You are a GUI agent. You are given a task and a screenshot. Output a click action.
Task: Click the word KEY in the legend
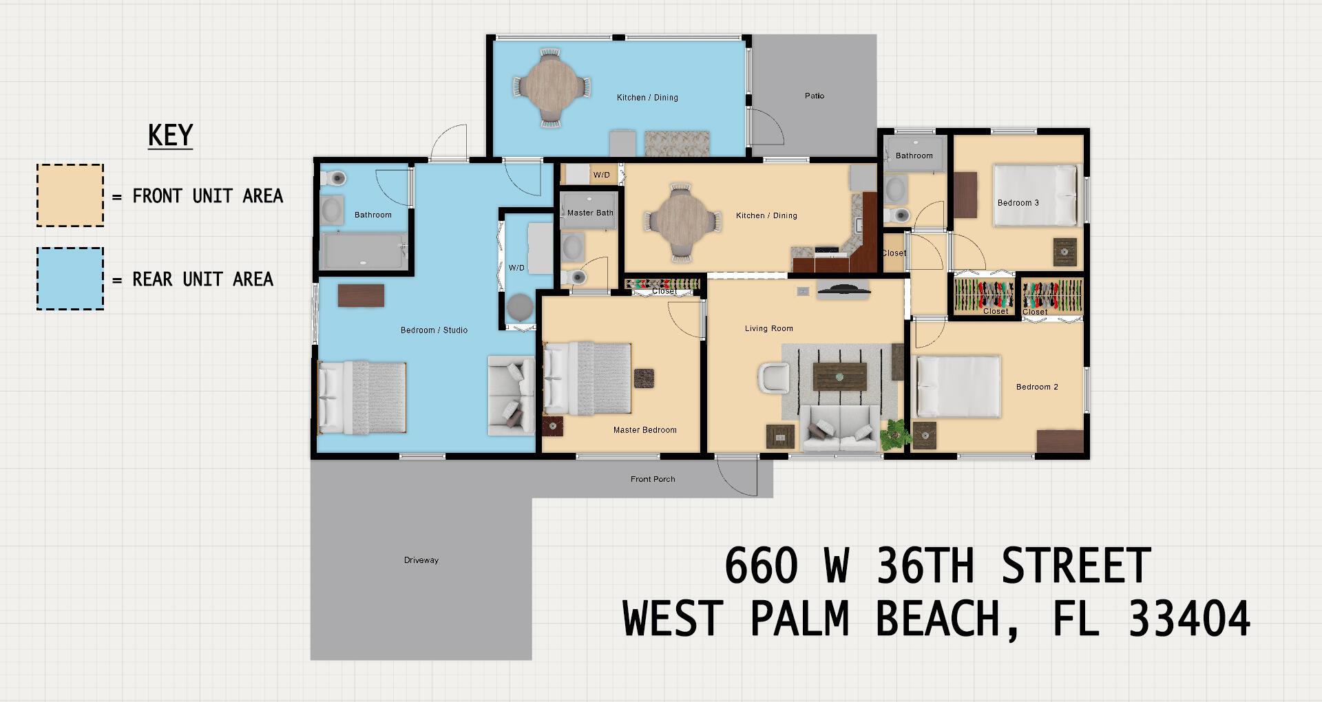tap(170, 135)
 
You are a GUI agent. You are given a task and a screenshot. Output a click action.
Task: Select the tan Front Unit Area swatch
tap(70, 195)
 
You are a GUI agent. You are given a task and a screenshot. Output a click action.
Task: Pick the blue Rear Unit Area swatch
tap(70, 279)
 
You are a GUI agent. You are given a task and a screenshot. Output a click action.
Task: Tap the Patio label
tap(815, 96)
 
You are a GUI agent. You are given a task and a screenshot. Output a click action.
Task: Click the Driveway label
tap(421, 560)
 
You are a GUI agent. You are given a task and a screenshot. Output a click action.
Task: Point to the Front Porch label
tap(653, 479)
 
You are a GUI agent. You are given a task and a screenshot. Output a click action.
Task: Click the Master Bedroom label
tap(645, 430)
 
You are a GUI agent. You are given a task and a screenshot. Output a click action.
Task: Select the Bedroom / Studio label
tap(434, 330)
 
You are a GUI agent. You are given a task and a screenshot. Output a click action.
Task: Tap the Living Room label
tap(769, 329)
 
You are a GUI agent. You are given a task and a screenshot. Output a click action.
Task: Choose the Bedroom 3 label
tap(1018, 203)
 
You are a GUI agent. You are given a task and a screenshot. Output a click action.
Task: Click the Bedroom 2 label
tap(1037, 387)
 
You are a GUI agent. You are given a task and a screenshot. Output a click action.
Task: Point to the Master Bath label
tap(590, 213)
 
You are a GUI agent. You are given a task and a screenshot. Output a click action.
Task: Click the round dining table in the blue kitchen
tap(551, 87)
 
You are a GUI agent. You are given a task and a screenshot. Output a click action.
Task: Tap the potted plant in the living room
tap(895, 432)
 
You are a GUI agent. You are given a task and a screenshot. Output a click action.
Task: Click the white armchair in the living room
tap(773, 379)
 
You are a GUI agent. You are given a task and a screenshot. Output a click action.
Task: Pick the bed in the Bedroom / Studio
tap(362, 396)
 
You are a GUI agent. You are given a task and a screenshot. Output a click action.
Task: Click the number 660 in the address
tap(761, 566)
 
